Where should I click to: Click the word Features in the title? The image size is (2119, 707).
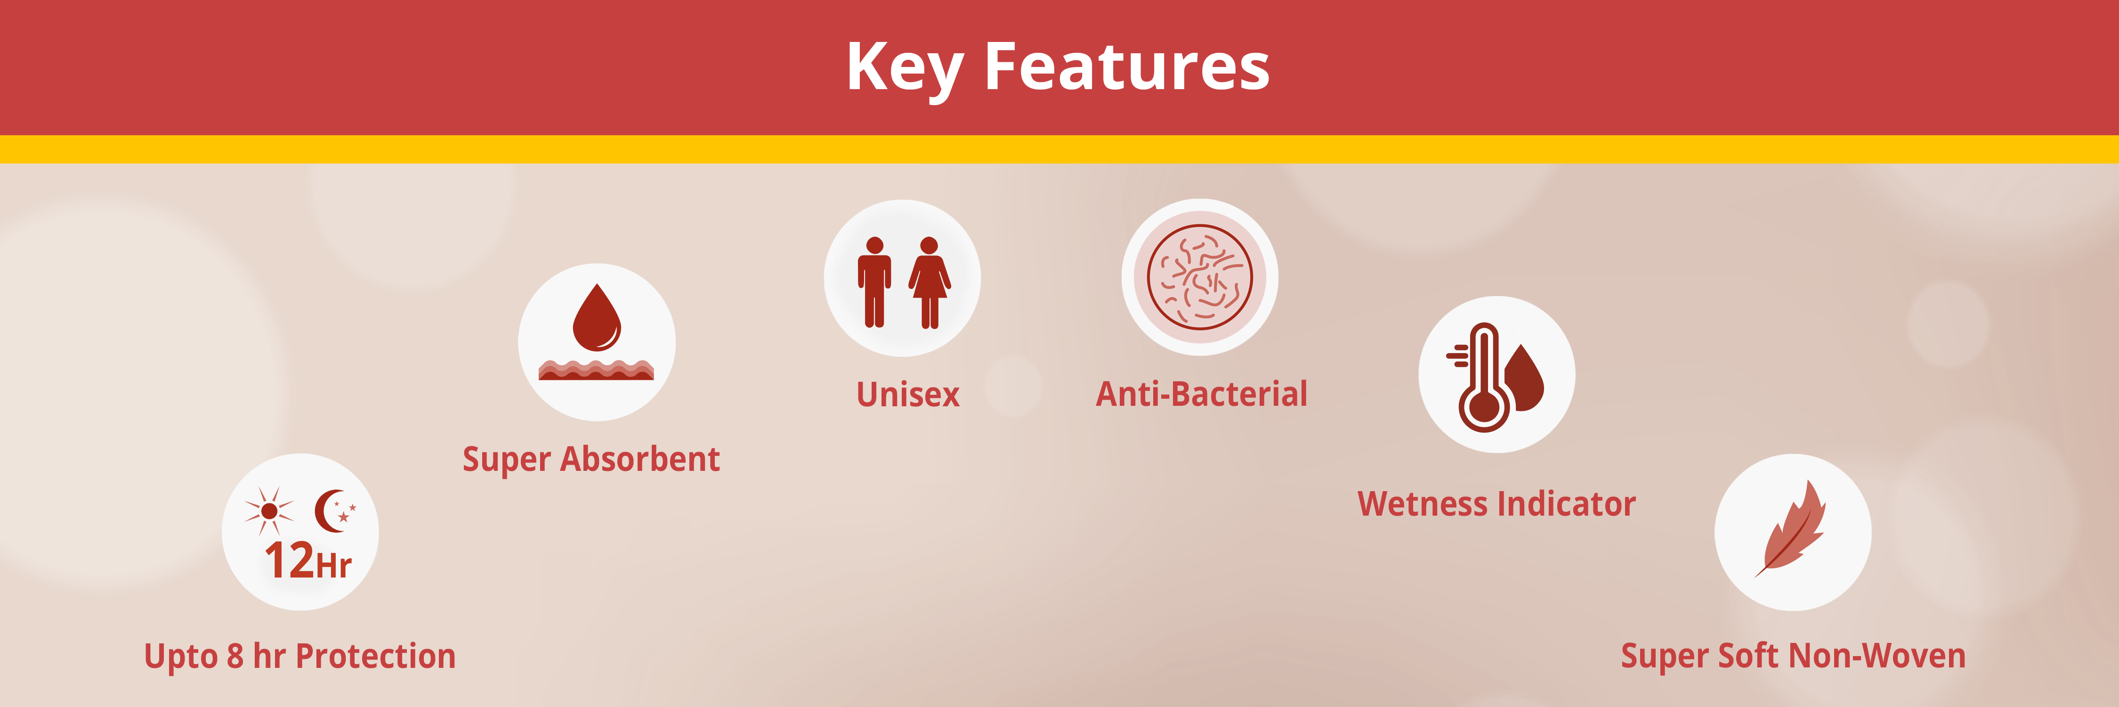pos(1127,66)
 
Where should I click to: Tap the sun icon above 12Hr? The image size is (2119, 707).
pos(269,511)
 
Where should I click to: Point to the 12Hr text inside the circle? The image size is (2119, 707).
pos(307,560)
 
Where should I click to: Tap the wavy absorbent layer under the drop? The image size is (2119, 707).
pos(596,370)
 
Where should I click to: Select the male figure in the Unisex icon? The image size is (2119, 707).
pos(874,282)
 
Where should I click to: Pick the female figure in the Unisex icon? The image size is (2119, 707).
pos(930,282)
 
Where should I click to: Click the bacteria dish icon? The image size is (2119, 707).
pos(1200,277)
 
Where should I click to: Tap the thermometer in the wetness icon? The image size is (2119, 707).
pos(1483,377)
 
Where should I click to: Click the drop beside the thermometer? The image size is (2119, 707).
pos(1526,378)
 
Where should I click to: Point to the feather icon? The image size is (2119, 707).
pos(1791,528)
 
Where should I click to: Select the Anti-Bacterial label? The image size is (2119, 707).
pos(1202,394)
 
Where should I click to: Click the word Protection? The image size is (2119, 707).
pos(375,656)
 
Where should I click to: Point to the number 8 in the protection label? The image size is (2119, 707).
pos(235,657)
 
